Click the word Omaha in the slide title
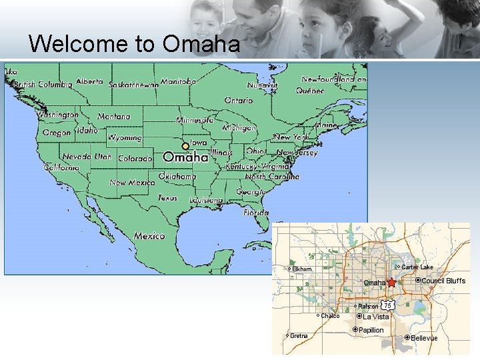click(x=201, y=44)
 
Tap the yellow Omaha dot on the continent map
click(x=185, y=147)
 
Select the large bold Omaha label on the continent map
click(x=185, y=158)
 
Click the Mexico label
click(x=149, y=235)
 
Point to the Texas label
click(x=168, y=198)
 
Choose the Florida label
click(x=256, y=213)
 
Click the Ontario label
click(x=238, y=101)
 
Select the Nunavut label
click(x=262, y=85)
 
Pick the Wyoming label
click(x=125, y=138)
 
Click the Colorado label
click(x=135, y=159)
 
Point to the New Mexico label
click(x=131, y=183)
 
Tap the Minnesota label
click(x=195, y=121)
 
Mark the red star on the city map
click(x=391, y=283)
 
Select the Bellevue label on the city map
click(x=424, y=338)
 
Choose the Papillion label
click(x=371, y=330)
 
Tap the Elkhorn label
click(x=302, y=269)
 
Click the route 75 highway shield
click(x=387, y=305)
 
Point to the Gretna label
click(x=299, y=336)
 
